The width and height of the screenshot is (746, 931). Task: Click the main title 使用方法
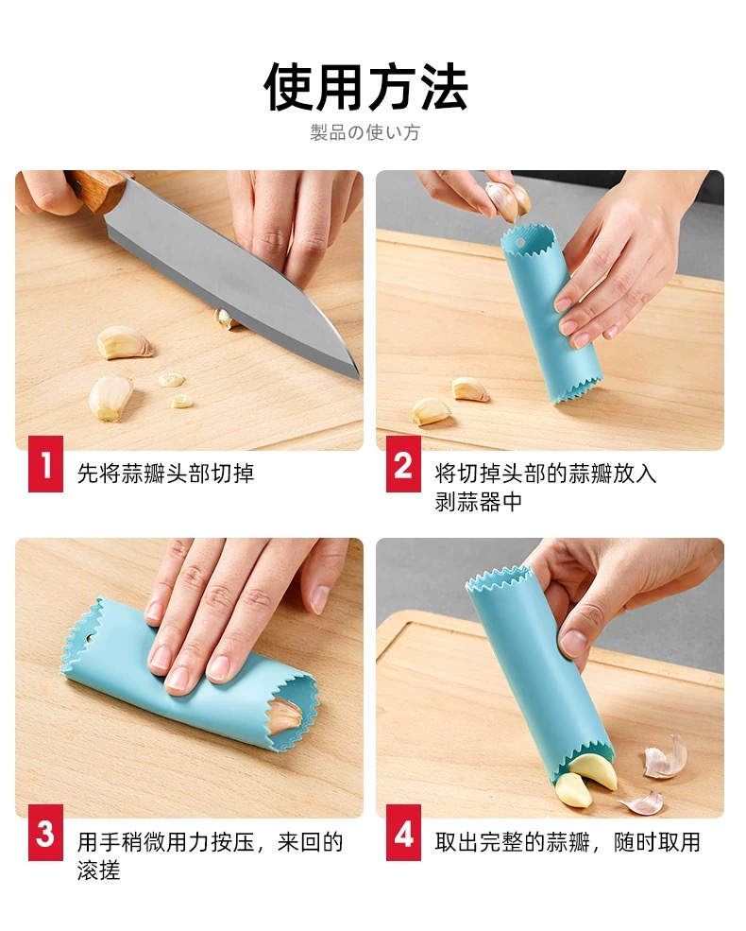365,87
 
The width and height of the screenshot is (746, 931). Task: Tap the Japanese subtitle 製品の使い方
365,131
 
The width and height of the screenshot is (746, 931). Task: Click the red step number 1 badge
45,464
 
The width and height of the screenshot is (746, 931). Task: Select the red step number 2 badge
403,464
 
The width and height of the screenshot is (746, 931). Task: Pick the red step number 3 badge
45,833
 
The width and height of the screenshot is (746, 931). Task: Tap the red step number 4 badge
403,833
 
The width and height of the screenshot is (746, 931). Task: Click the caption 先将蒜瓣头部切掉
166,474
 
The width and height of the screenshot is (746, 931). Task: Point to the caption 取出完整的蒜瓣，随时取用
568,842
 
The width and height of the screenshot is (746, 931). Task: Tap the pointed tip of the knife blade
358,377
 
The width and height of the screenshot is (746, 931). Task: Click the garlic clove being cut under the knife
224,319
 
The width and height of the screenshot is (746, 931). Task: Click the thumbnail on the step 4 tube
573,643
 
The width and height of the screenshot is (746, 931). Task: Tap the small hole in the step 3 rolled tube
90,640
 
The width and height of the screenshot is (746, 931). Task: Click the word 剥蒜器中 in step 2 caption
478,502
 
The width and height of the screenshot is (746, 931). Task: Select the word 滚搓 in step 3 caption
99,871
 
